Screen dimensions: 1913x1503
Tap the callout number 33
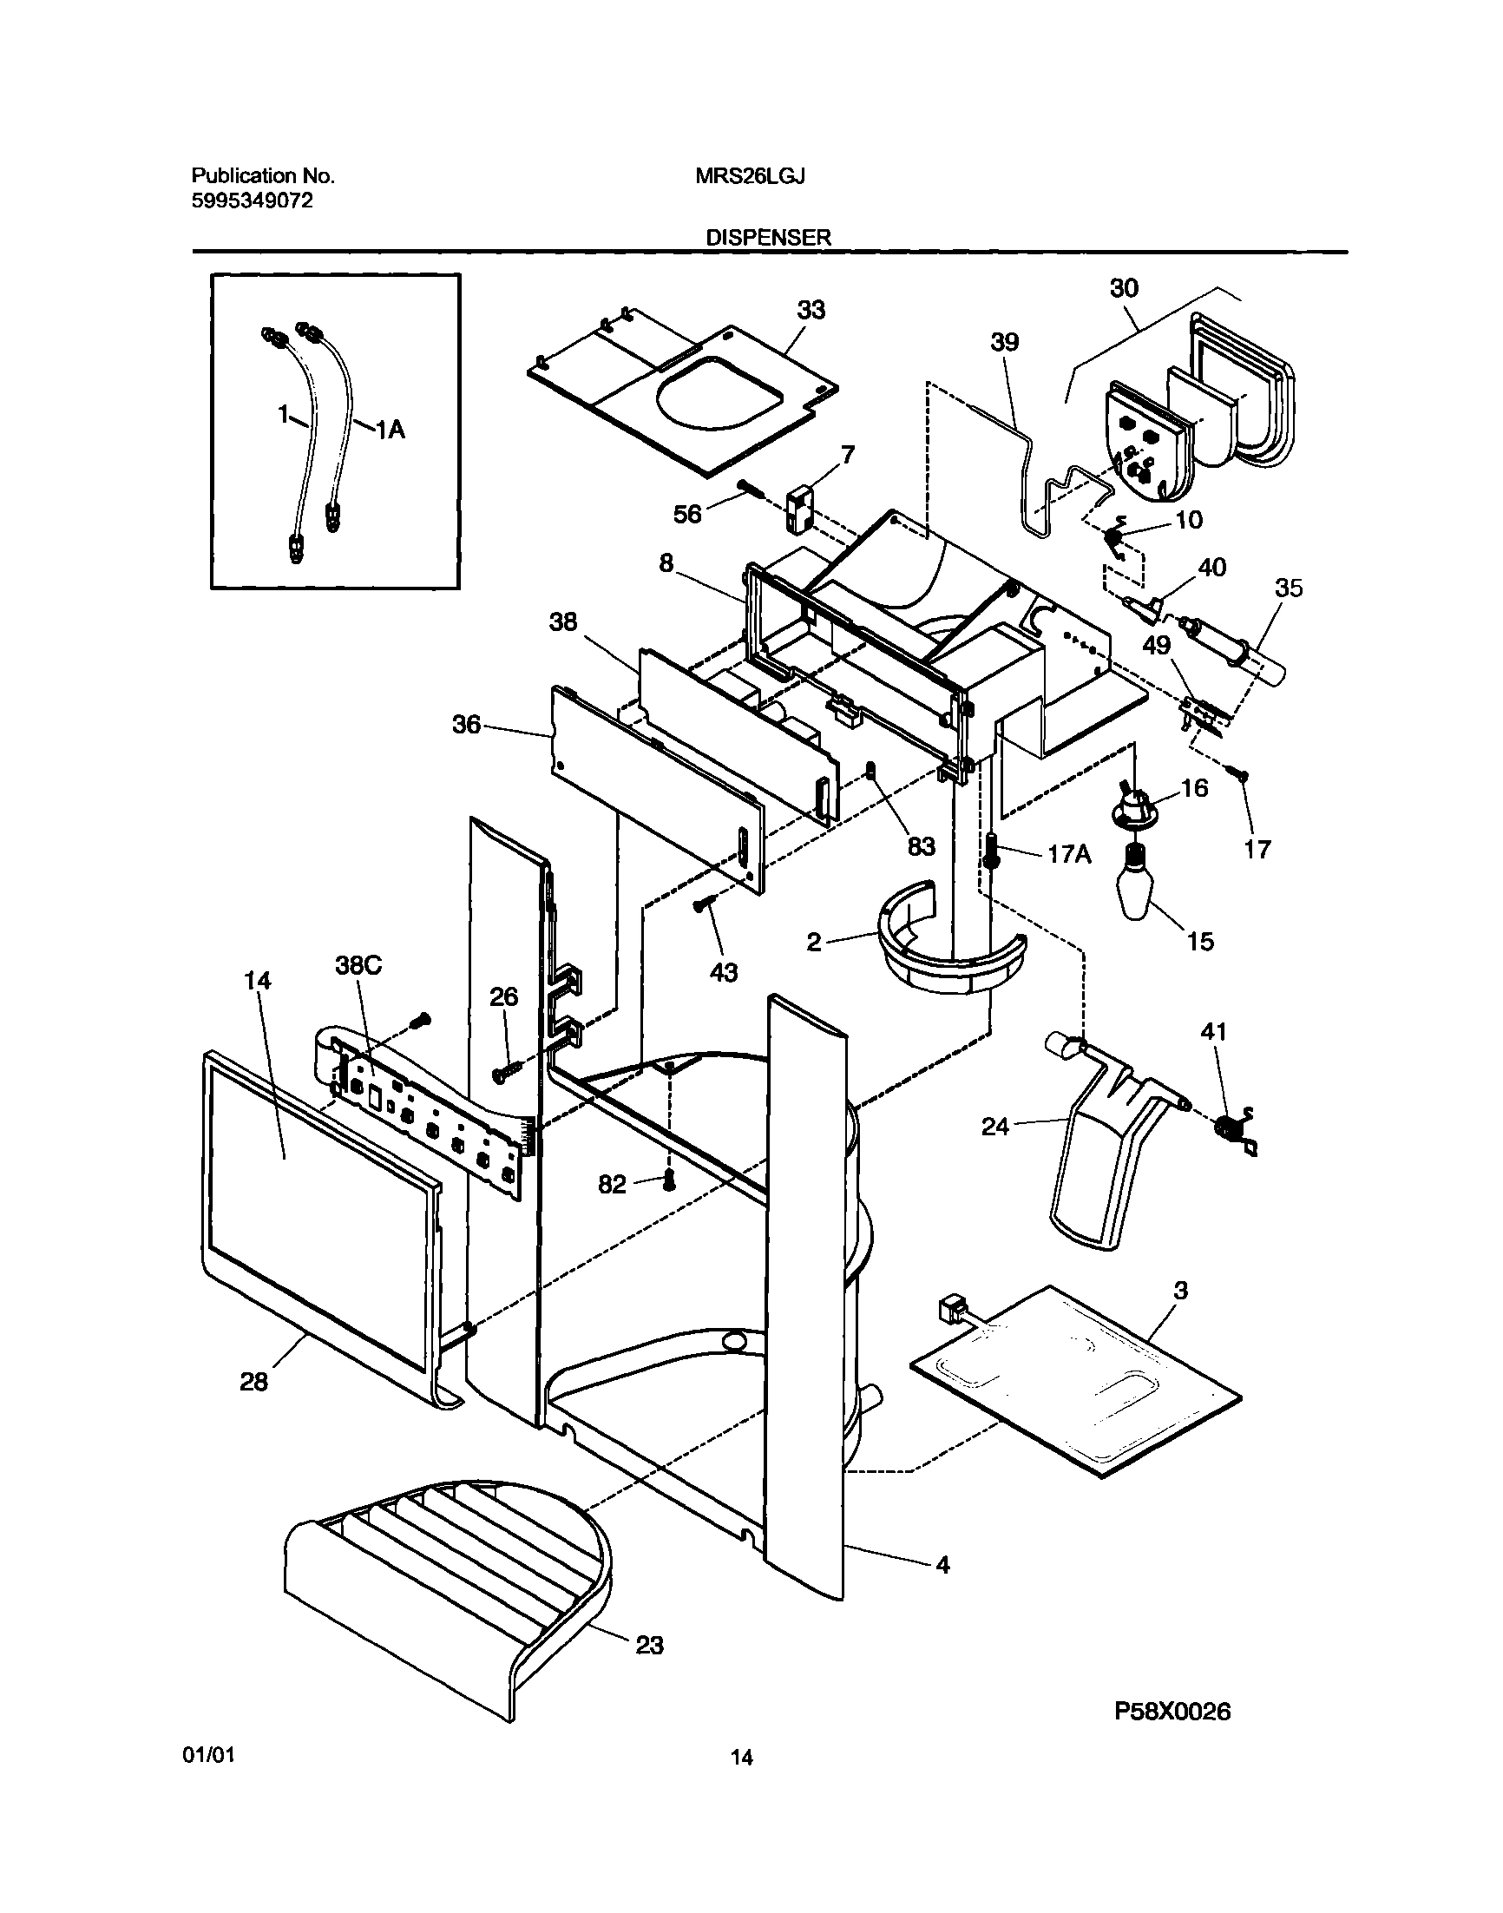point(811,310)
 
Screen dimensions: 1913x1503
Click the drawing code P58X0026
point(1172,1711)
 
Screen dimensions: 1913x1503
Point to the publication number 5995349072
point(252,201)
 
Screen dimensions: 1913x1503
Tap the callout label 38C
point(358,965)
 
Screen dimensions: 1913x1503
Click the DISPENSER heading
point(768,237)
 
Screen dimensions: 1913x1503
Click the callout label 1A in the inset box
point(390,430)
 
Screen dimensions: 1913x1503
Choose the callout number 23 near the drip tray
point(649,1645)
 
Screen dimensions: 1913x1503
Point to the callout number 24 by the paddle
point(995,1126)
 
